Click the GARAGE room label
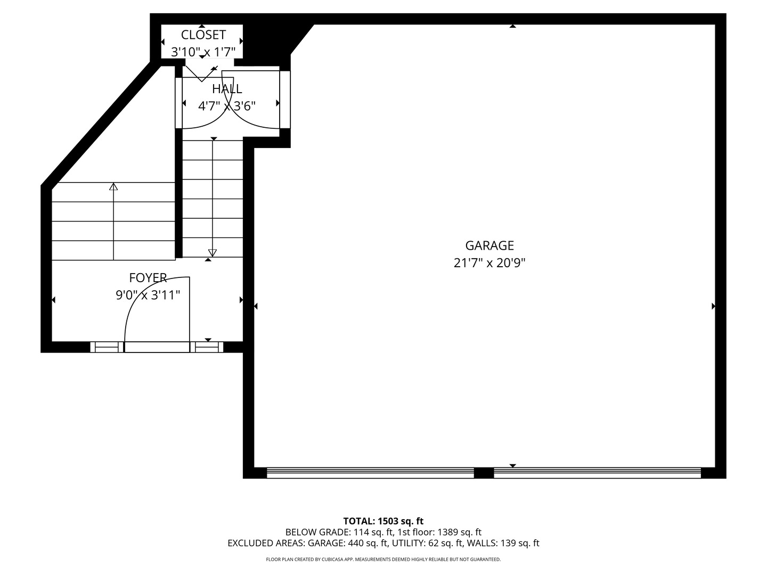tap(489, 245)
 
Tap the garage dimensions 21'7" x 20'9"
tap(489, 263)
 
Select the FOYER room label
tap(148, 278)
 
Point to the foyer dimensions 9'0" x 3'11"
tap(148, 295)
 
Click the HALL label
tap(227, 89)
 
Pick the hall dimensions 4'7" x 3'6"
tap(227, 106)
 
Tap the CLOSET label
tap(203, 35)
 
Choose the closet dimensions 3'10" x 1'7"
tap(203, 52)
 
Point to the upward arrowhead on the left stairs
tap(113, 186)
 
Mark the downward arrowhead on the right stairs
tap(213, 253)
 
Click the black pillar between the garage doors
tap(484, 473)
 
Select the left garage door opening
tap(370, 473)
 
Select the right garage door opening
tap(597, 473)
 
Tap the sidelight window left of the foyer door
tap(107, 347)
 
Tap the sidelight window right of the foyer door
tap(207, 347)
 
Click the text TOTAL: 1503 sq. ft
tap(383, 521)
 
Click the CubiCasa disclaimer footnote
tap(383, 560)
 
